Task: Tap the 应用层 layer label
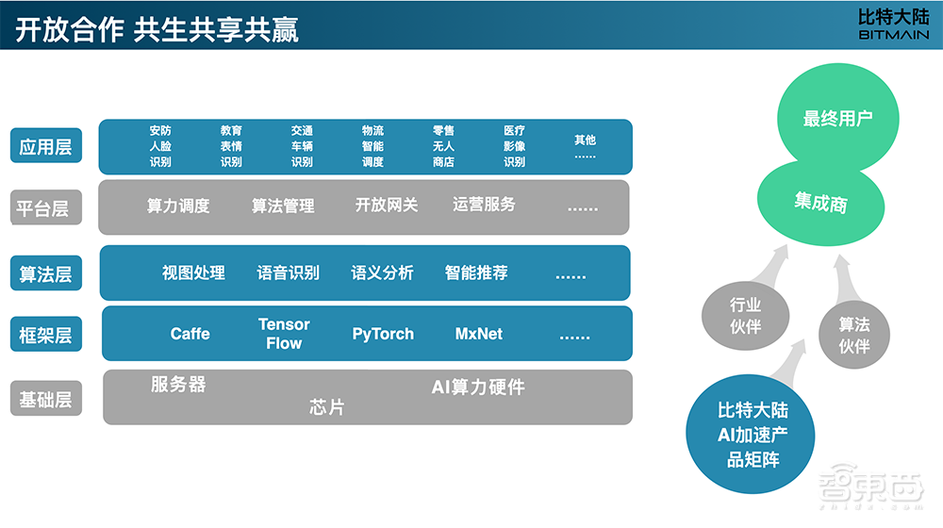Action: coord(46,146)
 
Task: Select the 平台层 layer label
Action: coord(46,207)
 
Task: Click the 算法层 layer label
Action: coord(46,274)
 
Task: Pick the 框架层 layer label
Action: coord(46,335)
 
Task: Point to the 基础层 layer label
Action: coord(46,399)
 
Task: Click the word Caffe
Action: coord(190,334)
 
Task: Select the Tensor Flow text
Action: coord(284,334)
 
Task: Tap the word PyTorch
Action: coord(383,334)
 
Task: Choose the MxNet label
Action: coord(479,334)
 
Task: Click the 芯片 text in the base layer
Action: coord(327,408)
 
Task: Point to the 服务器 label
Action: coord(178,385)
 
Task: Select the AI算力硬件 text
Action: coord(478,387)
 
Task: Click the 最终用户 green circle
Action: coord(837,119)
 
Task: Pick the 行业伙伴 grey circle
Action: coord(745,316)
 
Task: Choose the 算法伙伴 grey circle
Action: coord(854,335)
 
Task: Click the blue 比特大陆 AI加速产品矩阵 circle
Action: coord(753,435)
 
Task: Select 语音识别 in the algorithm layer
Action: coord(289,272)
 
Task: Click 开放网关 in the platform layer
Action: coord(387,205)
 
